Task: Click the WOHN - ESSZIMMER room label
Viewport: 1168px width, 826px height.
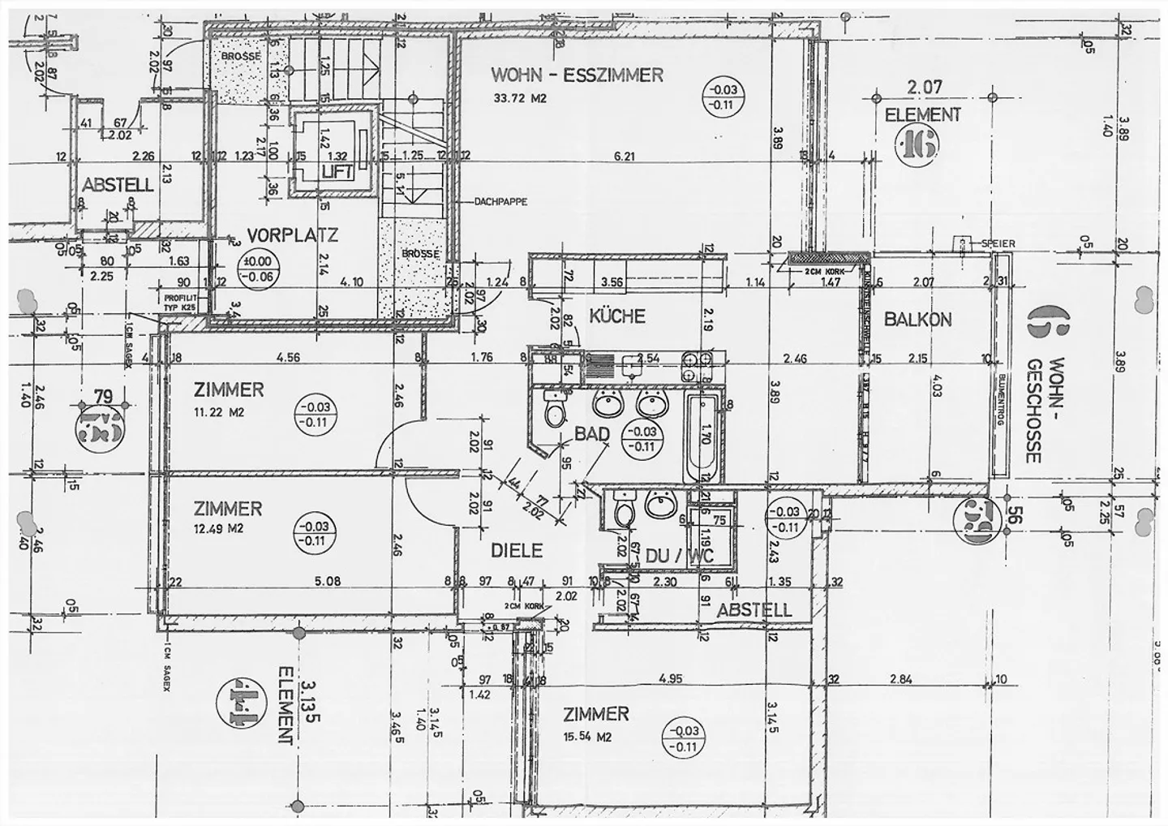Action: [577, 75]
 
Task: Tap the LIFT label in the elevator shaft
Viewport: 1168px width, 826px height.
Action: [337, 172]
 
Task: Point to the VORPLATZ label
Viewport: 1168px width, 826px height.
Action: [292, 235]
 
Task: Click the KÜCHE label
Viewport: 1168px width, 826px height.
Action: [616, 316]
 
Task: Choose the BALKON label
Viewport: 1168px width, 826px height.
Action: [917, 319]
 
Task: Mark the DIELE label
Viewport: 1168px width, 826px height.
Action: [516, 550]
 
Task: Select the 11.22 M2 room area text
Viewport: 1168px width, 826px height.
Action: [219, 411]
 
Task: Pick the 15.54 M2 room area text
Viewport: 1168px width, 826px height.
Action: [586, 737]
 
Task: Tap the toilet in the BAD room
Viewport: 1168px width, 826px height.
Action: [556, 408]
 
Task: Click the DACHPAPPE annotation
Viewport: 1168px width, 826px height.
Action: [500, 201]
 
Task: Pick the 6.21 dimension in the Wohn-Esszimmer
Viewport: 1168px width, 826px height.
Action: [624, 157]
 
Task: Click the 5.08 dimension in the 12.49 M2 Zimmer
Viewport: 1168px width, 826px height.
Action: [326, 580]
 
